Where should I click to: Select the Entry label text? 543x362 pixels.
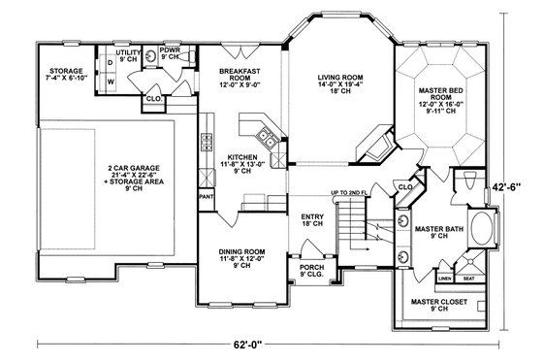click(x=312, y=220)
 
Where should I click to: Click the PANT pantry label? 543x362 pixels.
click(x=206, y=196)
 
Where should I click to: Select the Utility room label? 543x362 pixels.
click(x=128, y=54)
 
